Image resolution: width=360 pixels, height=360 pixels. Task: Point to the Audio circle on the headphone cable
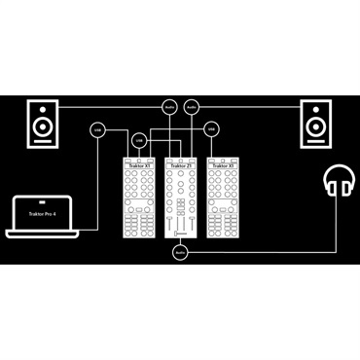pos(179,253)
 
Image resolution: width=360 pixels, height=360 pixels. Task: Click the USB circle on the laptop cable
pos(96,128)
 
